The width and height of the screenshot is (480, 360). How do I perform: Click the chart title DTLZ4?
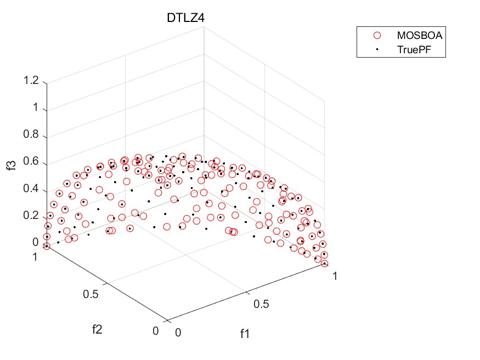pyautogui.click(x=186, y=18)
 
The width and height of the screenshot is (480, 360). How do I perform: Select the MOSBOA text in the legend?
pyautogui.click(x=420, y=35)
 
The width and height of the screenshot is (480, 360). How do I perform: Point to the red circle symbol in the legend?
pyautogui.click(x=377, y=35)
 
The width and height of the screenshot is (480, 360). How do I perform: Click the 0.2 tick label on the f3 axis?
pyautogui.click(x=31, y=216)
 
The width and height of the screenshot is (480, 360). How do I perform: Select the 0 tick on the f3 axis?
pyautogui.click(x=36, y=242)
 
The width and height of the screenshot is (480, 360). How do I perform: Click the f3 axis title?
pyautogui.click(x=12, y=163)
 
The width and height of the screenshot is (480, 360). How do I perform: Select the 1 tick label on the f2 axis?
pyautogui.click(x=36, y=256)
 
